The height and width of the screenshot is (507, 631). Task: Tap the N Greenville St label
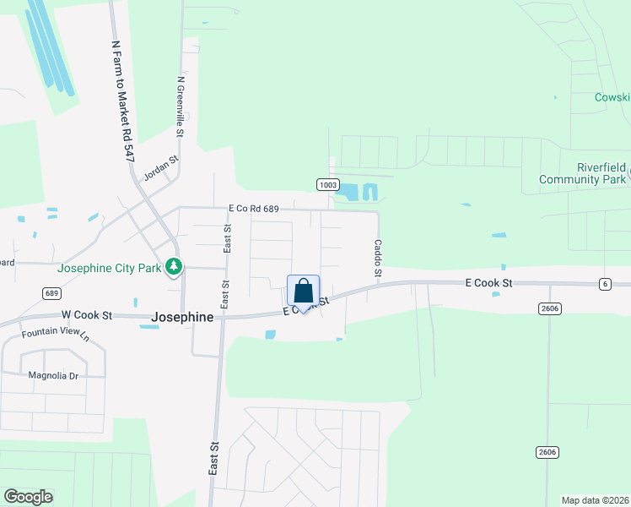point(180,106)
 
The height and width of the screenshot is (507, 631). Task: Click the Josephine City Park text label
point(108,270)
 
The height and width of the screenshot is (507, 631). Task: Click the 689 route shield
point(51,292)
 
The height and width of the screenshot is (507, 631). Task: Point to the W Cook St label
point(85,315)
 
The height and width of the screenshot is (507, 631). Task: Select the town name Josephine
point(181,317)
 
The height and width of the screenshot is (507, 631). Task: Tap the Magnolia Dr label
point(53,375)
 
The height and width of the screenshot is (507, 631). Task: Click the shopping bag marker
point(304,292)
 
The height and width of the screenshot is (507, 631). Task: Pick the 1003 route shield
point(328,184)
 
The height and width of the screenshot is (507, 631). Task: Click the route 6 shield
point(605,284)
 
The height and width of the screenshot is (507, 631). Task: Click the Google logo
point(28,497)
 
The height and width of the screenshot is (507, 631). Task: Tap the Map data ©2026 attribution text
point(595,500)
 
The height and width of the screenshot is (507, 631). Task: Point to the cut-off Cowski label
point(612,96)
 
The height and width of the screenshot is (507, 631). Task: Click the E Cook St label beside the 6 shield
point(488,281)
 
